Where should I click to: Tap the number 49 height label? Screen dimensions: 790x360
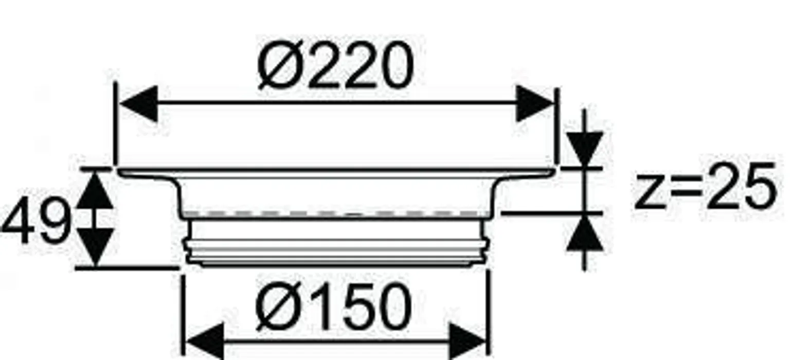point(37,221)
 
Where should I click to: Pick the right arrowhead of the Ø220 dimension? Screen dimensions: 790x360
point(535,103)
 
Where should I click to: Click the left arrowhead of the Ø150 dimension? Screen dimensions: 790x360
point(205,341)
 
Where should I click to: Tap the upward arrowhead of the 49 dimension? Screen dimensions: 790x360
point(95,189)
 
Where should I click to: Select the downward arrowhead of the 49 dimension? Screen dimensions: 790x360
point(95,247)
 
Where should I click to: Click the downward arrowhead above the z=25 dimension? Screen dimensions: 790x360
point(585,149)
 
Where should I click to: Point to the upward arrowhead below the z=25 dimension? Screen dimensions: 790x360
point(585,232)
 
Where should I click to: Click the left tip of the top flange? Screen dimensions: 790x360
point(119,171)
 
